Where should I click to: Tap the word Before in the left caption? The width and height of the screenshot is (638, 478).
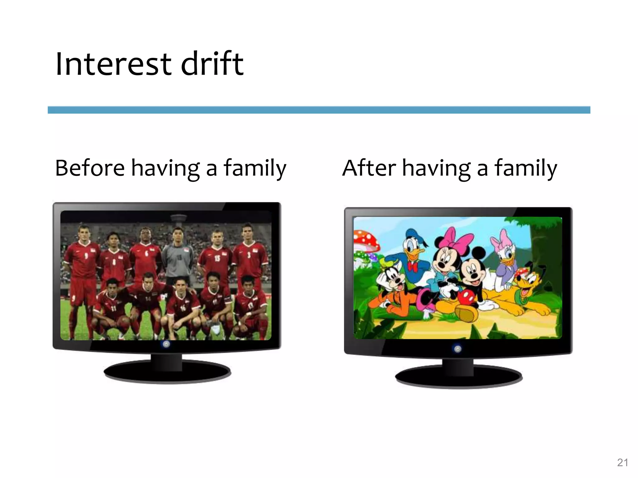click(90, 168)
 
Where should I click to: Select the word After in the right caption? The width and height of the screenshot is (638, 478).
click(369, 168)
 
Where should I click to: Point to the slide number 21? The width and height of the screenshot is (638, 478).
click(622, 463)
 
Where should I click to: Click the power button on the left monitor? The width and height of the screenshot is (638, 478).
click(166, 344)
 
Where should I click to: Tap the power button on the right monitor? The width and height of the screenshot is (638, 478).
click(458, 349)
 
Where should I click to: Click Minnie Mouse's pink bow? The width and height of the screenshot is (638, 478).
click(457, 240)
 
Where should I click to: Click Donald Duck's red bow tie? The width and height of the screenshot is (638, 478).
click(413, 267)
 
